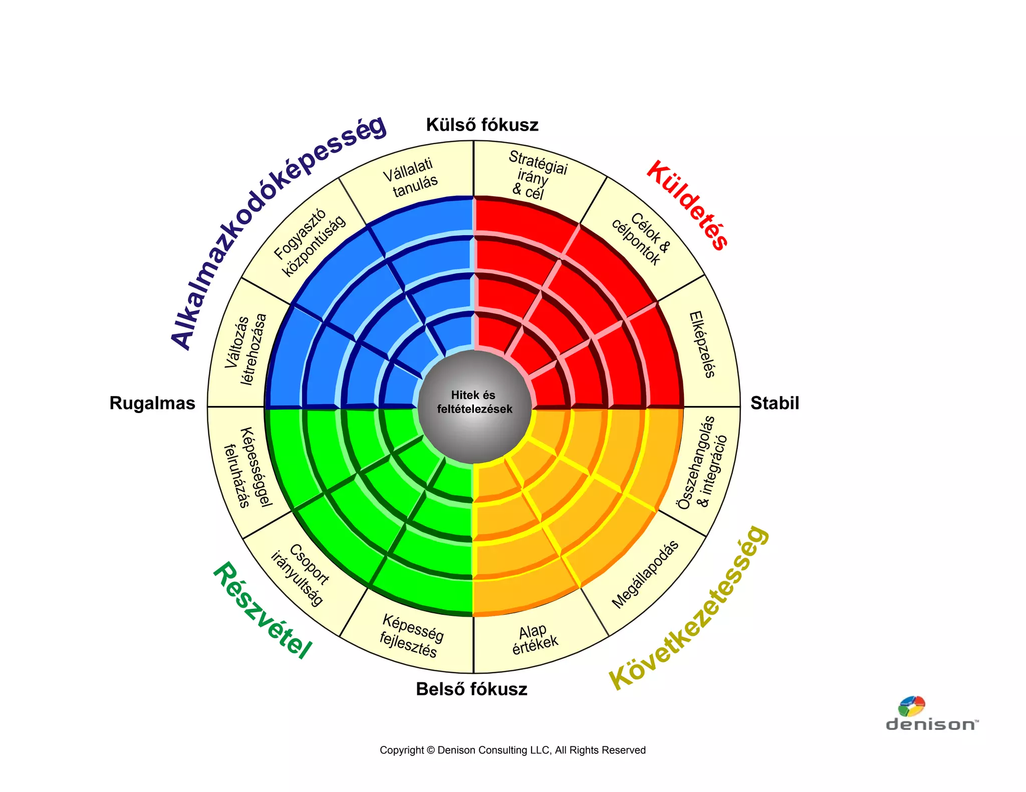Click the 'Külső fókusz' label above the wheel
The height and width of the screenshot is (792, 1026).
[482, 125]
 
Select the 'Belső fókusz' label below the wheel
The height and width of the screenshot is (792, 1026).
[471, 689]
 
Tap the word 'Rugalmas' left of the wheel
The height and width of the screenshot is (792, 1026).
[152, 403]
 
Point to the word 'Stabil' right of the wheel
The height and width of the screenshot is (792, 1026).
[775, 403]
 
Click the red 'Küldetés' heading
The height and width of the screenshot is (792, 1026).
[687, 205]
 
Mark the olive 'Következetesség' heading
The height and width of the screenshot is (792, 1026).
[689, 608]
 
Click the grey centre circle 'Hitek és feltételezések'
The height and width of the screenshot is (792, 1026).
[474, 402]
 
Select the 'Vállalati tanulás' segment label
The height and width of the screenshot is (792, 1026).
[411, 178]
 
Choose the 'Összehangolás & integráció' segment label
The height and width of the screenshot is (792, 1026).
[702, 463]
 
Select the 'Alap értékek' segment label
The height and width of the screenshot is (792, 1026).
[534, 639]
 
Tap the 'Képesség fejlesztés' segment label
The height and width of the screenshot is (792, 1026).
[411, 636]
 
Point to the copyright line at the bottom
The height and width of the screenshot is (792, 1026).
[512, 750]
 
